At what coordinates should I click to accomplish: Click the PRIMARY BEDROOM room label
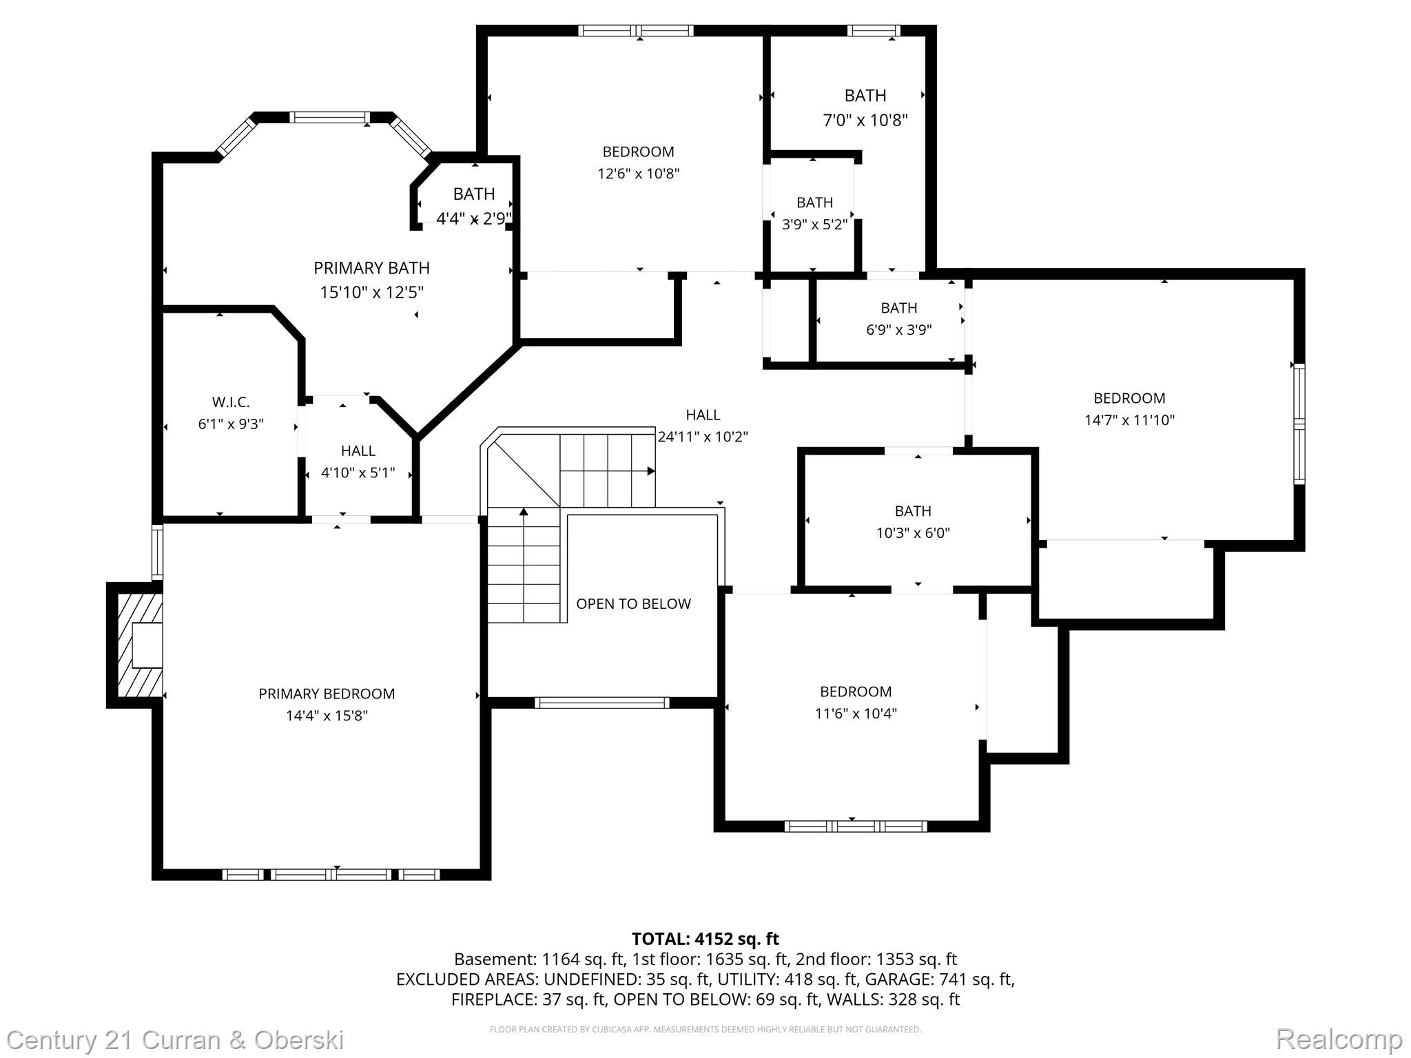[327, 694]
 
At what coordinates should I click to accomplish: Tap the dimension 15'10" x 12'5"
[371, 292]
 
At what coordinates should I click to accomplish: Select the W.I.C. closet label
[231, 402]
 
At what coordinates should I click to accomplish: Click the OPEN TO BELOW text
[633, 604]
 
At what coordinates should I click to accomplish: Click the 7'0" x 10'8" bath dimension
[865, 121]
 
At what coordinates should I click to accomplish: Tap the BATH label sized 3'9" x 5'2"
[814, 203]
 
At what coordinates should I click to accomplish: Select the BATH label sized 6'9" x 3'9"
[898, 308]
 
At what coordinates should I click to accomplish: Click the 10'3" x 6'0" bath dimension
[913, 532]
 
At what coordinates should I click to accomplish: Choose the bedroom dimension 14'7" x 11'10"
[1129, 420]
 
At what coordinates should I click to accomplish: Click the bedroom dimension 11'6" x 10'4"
[856, 714]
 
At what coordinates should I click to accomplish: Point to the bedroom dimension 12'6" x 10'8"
[638, 174]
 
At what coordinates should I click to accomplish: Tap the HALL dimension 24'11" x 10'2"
[703, 437]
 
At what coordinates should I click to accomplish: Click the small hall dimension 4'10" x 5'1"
[358, 473]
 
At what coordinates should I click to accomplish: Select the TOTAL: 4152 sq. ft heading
[705, 939]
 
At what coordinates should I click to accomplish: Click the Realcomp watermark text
[1339, 1039]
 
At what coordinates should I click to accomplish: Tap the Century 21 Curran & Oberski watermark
[175, 1039]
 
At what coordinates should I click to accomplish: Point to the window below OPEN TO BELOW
[601, 703]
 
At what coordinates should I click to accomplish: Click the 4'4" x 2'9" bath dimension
[474, 219]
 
